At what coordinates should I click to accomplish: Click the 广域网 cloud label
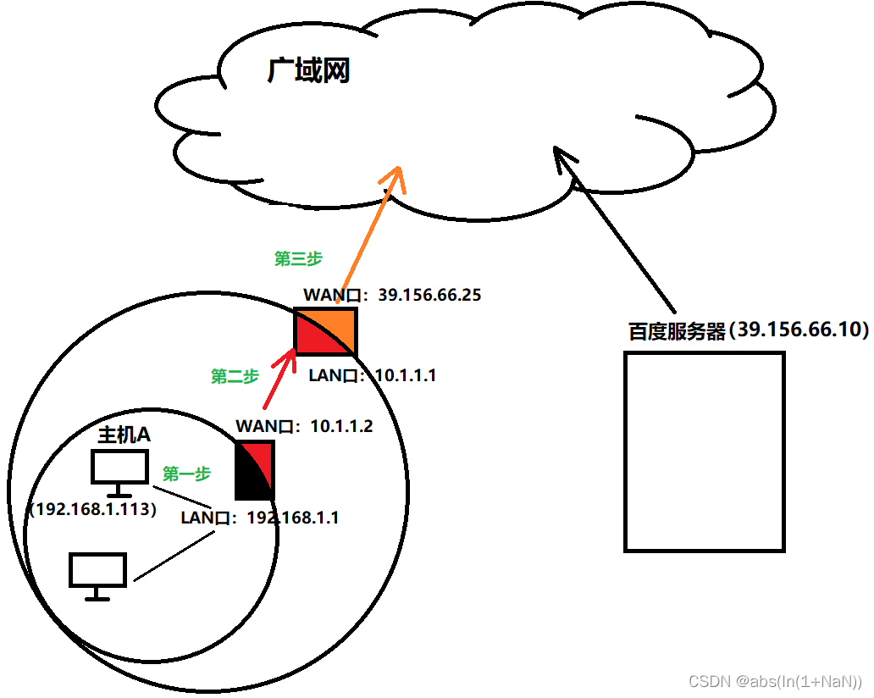(308, 71)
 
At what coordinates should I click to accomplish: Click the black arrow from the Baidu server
(616, 229)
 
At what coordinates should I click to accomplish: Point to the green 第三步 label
(298, 258)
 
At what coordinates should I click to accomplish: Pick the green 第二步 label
(235, 377)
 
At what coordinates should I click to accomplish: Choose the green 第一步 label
(186, 474)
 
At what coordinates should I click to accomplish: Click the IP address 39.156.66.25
(429, 296)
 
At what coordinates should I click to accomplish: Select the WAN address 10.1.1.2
(341, 425)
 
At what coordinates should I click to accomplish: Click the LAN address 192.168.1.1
(292, 518)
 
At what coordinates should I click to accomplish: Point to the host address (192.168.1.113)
(92, 510)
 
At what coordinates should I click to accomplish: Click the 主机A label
(124, 435)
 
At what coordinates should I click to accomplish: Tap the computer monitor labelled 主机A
(119, 471)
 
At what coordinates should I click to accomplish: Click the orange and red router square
(325, 331)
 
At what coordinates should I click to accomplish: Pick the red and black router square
(255, 470)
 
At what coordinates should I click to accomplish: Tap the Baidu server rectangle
(704, 451)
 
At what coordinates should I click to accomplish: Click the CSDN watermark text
(775, 681)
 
